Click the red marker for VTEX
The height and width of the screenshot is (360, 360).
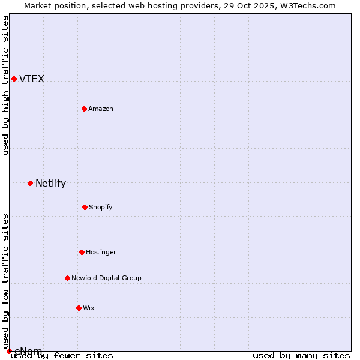[14, 79]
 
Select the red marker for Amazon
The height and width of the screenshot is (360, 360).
[84, 109]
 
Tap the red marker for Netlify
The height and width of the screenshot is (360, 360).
[30, 183]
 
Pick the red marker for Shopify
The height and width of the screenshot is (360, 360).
[85, 207]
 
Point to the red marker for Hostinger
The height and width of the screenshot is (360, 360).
[82, 252]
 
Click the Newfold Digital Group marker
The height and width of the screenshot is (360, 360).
[67, 278]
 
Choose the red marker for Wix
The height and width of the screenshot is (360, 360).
[79, 308]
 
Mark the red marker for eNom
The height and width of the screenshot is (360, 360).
[9, 351]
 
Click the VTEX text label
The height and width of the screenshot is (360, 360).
[32, 79]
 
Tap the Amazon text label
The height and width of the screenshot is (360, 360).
[101, 109]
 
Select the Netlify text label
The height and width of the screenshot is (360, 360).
[50, 184]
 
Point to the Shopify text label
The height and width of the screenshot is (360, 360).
[101, 208]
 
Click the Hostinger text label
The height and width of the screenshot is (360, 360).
[101, 253]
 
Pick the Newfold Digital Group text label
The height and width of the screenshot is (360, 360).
[106, 278]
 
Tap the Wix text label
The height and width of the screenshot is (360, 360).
[89, 308]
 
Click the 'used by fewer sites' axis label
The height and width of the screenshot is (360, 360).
[62, 355]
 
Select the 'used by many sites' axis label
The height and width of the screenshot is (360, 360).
[301, 355]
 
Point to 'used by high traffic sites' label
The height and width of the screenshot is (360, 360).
[6, 85]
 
